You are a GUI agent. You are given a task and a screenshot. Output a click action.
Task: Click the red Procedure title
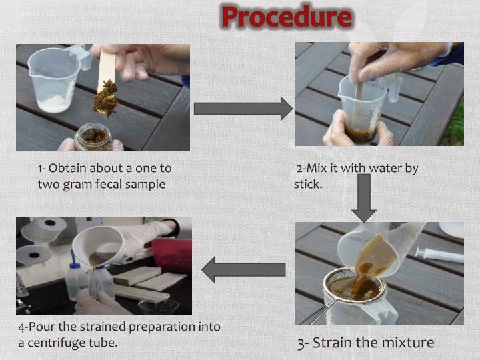pyautogui.click(x=287, y=17)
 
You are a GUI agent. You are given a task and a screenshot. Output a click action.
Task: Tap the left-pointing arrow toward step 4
pyautogui.click(x=243, y=269)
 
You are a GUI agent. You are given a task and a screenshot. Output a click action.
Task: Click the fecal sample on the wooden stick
pyautogui.click(x=105, y=97)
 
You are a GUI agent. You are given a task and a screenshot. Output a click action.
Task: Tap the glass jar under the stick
pyautogui.click(x=93, y=137)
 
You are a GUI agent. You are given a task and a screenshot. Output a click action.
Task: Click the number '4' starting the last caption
pyautogui.click(x=22, y=327)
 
